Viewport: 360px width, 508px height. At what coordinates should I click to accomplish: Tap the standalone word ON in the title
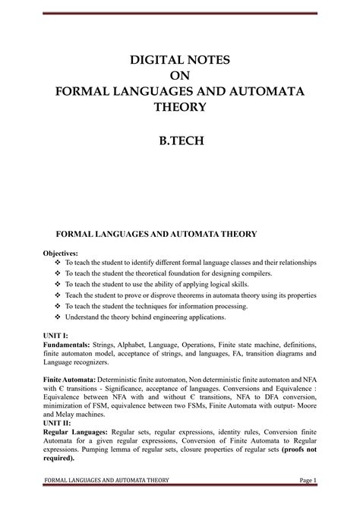click(179, 74)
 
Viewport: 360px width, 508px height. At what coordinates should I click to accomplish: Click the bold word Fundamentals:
click(66, 344)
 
